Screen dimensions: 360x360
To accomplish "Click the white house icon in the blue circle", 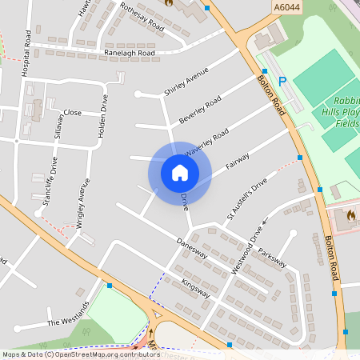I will (x=179, y=172).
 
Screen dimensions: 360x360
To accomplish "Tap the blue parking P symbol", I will (x=282, y=81).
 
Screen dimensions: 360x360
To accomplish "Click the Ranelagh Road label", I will (x=130, y=53).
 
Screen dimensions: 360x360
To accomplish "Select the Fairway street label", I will (x=238, y=162).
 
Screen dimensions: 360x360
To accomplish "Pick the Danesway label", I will (x=192, y=249).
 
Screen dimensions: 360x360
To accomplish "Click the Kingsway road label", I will (x=195, y=288).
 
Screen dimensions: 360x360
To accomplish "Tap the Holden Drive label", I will (x=102, y=116).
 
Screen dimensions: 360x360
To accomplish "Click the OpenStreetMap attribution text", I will (x=81, y=354).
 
